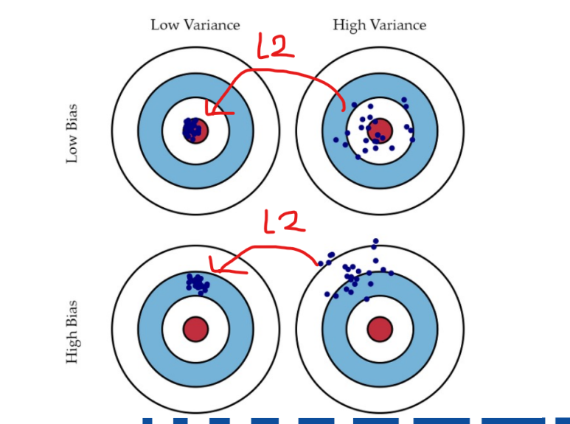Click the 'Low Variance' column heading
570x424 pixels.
click(x=195, y=24)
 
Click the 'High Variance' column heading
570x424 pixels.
click(x=379, y=24)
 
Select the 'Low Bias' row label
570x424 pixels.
click(x=72, y=133)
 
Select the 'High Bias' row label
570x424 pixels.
click(x=72, y=331)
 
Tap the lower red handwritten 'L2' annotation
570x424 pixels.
click(x=284, y=221)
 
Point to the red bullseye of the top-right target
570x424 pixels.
click(x=380, y=131)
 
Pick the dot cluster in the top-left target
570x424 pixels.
click(x=193, y=129)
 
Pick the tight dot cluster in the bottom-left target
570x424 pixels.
click(x=198, y=282)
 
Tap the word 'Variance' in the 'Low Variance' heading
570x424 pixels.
click(x=212, y=24)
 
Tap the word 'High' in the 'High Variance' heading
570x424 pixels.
click(x=348, y=24)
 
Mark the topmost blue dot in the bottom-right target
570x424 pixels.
click(x=376, y=241)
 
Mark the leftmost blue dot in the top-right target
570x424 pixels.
click(x=336, y=139)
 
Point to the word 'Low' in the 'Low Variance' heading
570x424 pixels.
click(x=165, y=24)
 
